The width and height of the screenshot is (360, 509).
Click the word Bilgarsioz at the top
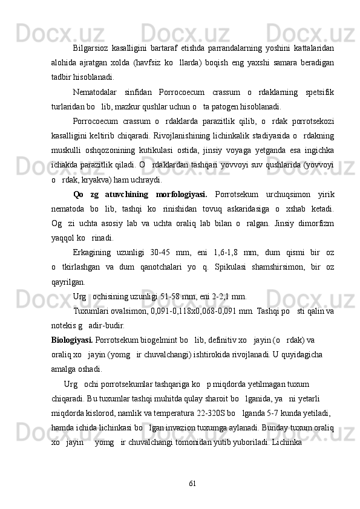91,48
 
